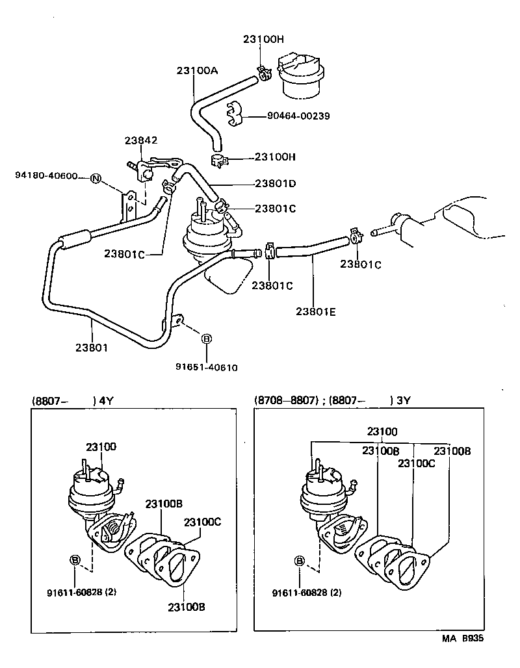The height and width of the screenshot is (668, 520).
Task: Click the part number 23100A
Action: coord(196,71)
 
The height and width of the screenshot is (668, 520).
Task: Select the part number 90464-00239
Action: coord(298,116)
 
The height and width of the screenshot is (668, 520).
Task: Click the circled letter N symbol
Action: coord(96,179)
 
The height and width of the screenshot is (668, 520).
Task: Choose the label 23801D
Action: coord(275,183)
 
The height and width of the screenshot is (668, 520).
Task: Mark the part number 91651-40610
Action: coord(206,367)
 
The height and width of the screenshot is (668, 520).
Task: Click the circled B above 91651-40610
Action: coord(206,339)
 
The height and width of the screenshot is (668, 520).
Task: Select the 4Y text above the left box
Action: coord(107,400)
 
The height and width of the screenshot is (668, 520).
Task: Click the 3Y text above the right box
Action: coord(404,400)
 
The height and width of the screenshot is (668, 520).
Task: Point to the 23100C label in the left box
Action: coord(202,522)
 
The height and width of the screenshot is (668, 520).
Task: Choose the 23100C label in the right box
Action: coord(416,463)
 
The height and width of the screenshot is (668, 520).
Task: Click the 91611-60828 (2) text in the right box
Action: coord(307,593)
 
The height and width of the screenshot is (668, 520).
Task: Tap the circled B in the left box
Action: coord(75,560)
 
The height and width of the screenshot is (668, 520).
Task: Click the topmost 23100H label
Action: coord(263,39)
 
